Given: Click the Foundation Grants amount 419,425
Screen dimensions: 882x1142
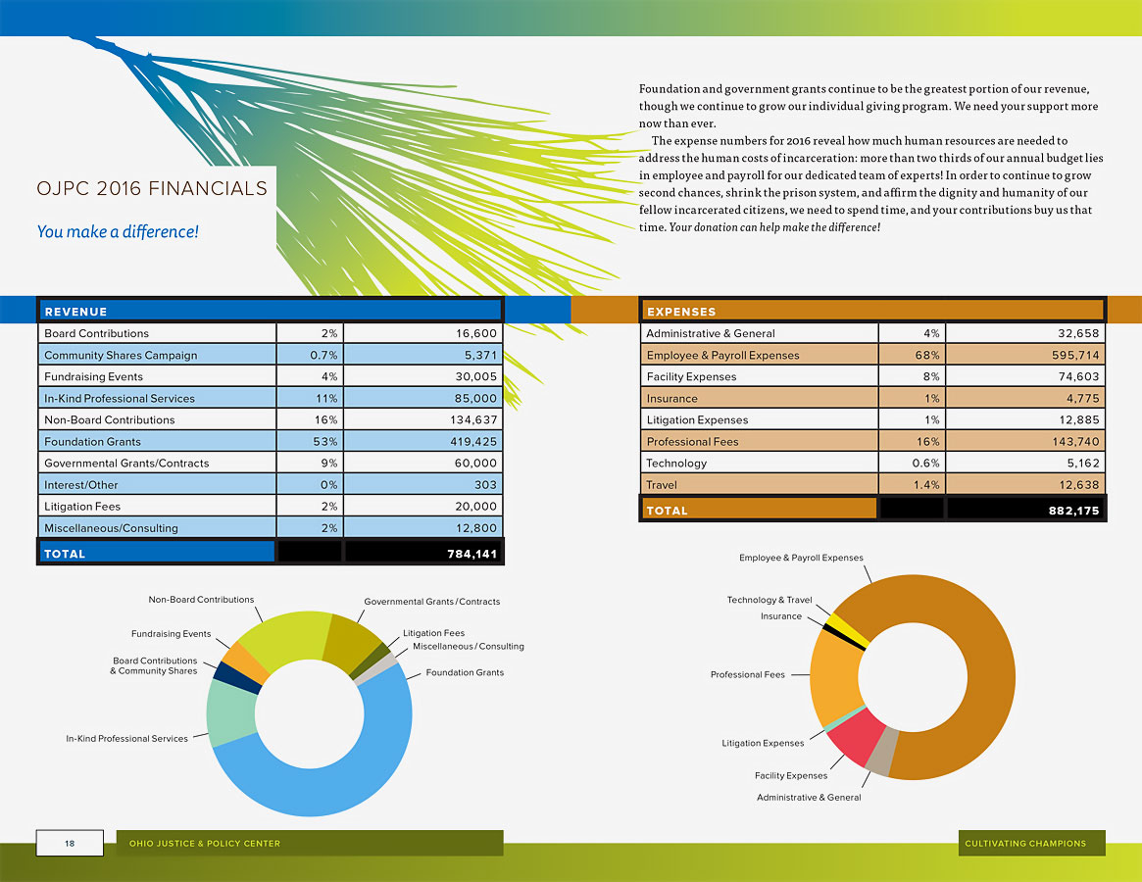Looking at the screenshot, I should pyautogui.click(x=466, y=442).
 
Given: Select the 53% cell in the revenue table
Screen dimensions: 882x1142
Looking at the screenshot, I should pyautogui.click(x=325, y=442).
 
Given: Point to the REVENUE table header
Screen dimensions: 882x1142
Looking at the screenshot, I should pyautogui.click(x=75, y=312).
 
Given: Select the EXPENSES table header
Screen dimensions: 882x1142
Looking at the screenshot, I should pyautogui.click(x=681, y=312).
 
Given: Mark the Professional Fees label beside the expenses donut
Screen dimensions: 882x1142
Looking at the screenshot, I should pyautogui.click(x=747, y=674).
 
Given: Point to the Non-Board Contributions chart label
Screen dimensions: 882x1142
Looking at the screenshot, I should pyautogui.click(x=201, y=600).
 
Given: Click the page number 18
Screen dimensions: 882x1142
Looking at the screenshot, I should pyautogui.click(x=70, y=843).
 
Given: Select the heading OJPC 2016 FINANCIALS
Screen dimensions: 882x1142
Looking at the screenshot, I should pyautogui.click(x=152, y=188).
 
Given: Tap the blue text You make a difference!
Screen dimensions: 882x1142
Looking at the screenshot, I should pyautogui.click(x=118, y=232).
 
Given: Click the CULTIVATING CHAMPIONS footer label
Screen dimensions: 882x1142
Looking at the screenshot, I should pyautogui.click(x=1025, y=843).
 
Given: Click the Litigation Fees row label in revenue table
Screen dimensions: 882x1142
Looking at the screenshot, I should pyautogui.click(x=82, y=507).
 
